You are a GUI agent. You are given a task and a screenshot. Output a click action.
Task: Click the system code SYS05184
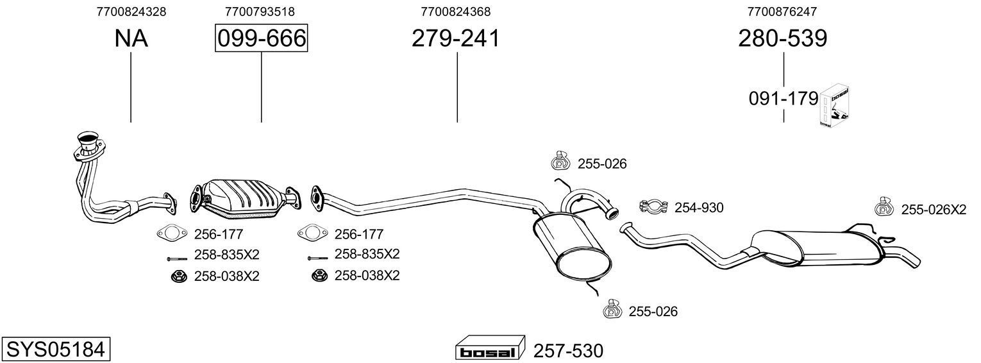(55, 350)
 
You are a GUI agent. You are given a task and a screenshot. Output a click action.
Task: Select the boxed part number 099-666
(261, 38)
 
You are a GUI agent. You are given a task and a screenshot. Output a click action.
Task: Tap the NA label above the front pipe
(131, 38)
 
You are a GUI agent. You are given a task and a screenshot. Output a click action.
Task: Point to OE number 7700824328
(131, 11)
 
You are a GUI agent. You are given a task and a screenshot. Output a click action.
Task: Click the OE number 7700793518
(260, 11)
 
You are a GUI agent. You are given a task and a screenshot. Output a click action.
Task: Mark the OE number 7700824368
(456, 11)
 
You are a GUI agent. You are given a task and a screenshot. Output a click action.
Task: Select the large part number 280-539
(783, 38)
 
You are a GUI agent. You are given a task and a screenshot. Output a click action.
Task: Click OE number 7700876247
(782, 11)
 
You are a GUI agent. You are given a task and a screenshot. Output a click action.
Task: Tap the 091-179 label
(784, 99)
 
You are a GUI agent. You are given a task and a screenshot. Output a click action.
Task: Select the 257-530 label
(569, 351)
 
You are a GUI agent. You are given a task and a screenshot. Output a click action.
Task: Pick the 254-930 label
(699, 208)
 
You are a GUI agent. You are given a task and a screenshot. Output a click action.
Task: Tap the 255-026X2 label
(934, 209)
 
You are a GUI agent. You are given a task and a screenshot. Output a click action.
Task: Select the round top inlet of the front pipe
(86, 138)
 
